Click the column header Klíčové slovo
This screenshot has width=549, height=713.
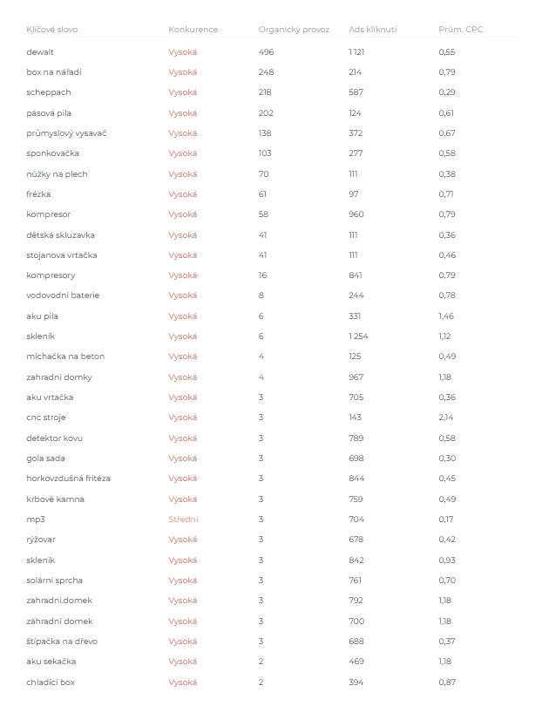51,30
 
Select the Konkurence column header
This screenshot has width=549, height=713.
193,30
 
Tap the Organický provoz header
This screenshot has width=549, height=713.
294,30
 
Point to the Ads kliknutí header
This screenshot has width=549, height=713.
372,30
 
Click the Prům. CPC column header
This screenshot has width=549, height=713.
460,30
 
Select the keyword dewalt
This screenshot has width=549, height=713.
40,52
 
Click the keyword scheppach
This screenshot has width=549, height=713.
49,92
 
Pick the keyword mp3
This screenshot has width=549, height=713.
35,519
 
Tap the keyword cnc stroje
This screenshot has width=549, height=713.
47,418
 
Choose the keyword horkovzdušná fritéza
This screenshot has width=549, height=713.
68,479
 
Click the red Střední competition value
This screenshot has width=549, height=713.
183,519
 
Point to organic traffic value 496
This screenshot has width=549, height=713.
266,52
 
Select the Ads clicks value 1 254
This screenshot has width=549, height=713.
359,336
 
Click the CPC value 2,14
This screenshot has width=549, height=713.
446,418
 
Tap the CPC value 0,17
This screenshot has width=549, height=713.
446,519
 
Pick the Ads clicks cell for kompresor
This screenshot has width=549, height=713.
356,214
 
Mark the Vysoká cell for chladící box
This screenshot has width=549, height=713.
183,682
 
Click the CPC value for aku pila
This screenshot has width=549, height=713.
446,316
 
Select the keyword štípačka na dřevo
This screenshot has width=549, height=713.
63,642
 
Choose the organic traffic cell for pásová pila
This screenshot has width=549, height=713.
266,113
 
